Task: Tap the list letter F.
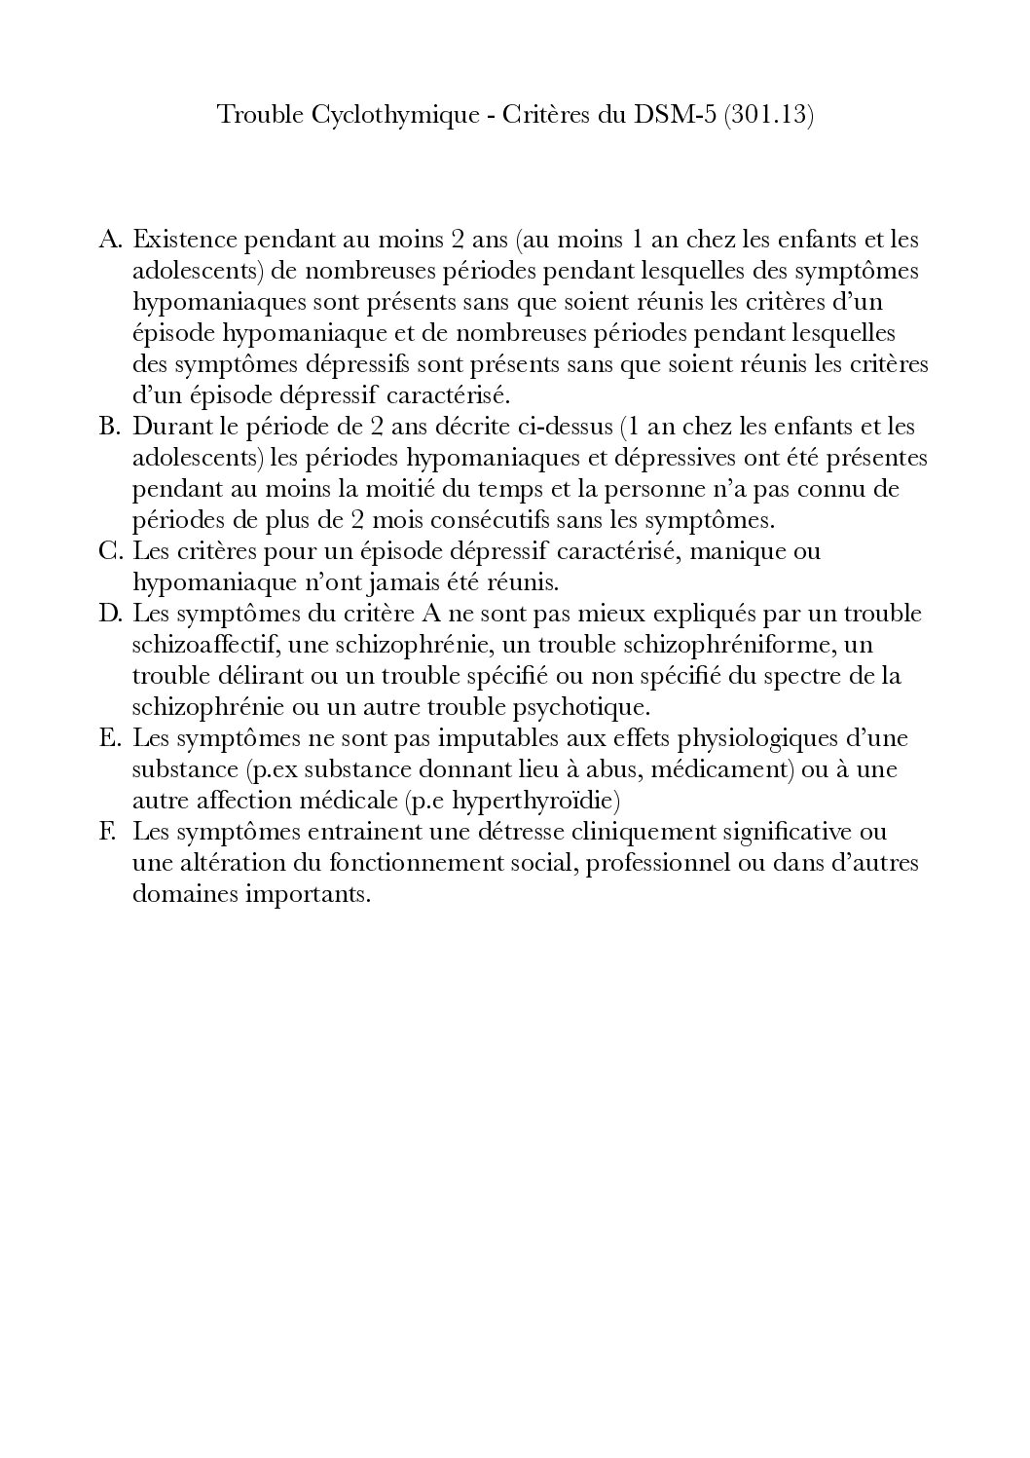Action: pyautogui.click(x=108, y=833)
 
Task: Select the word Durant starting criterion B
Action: pyautogui.click(x=167, y=427)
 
